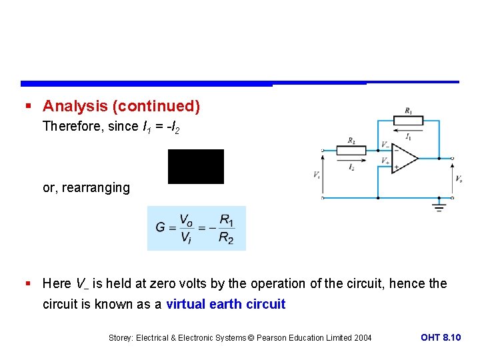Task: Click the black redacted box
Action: tap(196, 167)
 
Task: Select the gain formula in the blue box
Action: tap(196, 228)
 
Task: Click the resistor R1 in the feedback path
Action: tap(408, 120)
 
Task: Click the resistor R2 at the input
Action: tap(351, 151)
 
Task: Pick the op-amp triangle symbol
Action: tap(404, 159)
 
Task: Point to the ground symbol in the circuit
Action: tap(439, 205)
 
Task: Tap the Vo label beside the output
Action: tap(459, 178)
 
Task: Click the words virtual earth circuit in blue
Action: tap(225, 305)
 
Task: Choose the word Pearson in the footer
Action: tap(269, 338)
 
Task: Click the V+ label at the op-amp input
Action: tap(385, 161)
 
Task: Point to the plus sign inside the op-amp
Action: tap(395, 167)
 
